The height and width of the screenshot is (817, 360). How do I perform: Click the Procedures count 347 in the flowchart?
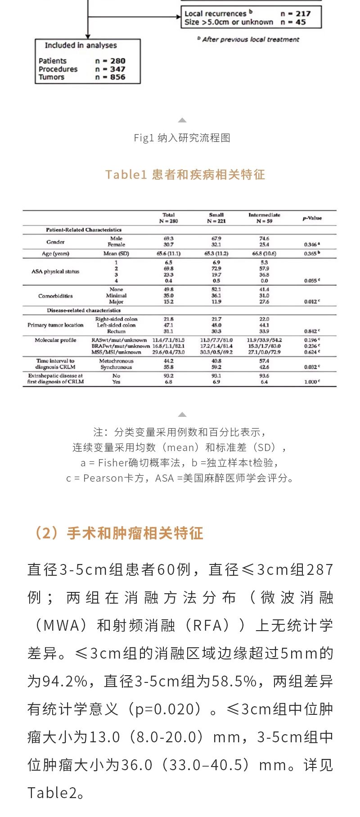pos(117,69)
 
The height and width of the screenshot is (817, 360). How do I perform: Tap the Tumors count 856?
pos(117,77)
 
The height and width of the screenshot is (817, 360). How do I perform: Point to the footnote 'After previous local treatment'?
pos(250,40)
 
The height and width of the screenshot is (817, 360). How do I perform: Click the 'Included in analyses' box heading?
pos(81,45)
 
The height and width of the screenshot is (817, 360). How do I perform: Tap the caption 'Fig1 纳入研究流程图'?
pos(182,138)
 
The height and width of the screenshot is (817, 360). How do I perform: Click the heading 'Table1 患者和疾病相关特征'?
pos(185,175)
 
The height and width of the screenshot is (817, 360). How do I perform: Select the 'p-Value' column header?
pos(312,218)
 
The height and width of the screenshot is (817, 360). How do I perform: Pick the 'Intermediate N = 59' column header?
pos(264,218)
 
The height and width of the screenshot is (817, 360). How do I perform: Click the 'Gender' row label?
pos(55,242)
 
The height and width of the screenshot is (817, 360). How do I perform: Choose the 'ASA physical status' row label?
pos(55,271)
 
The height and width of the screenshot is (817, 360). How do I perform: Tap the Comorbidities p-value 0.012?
pos(311,302)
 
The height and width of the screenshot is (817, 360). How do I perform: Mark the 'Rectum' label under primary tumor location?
pos(116,331)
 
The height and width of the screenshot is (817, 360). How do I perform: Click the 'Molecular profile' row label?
pos(55,340)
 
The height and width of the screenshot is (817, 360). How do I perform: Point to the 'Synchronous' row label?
pos(116,367)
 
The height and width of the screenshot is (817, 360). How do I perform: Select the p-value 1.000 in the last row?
pos(311,382)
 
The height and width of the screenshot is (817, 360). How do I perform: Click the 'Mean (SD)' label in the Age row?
pos(116,253)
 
